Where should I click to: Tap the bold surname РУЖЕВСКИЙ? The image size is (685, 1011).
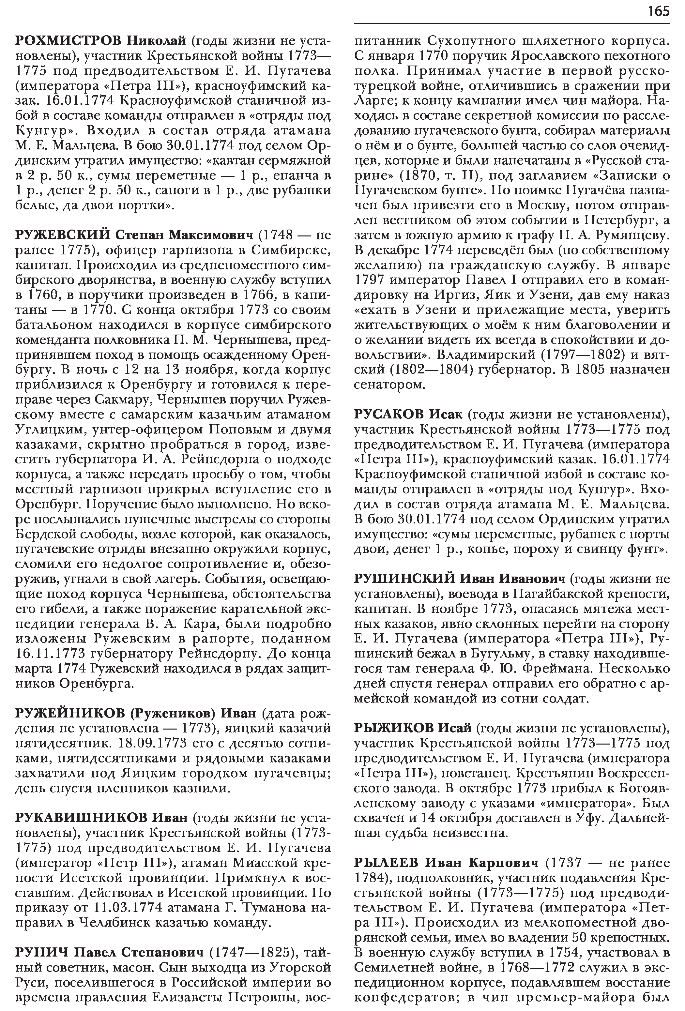pos(63,235)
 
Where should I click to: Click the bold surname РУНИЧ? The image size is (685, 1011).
pos(42,953)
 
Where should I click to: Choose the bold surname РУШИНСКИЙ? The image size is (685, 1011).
pos(404,579)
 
